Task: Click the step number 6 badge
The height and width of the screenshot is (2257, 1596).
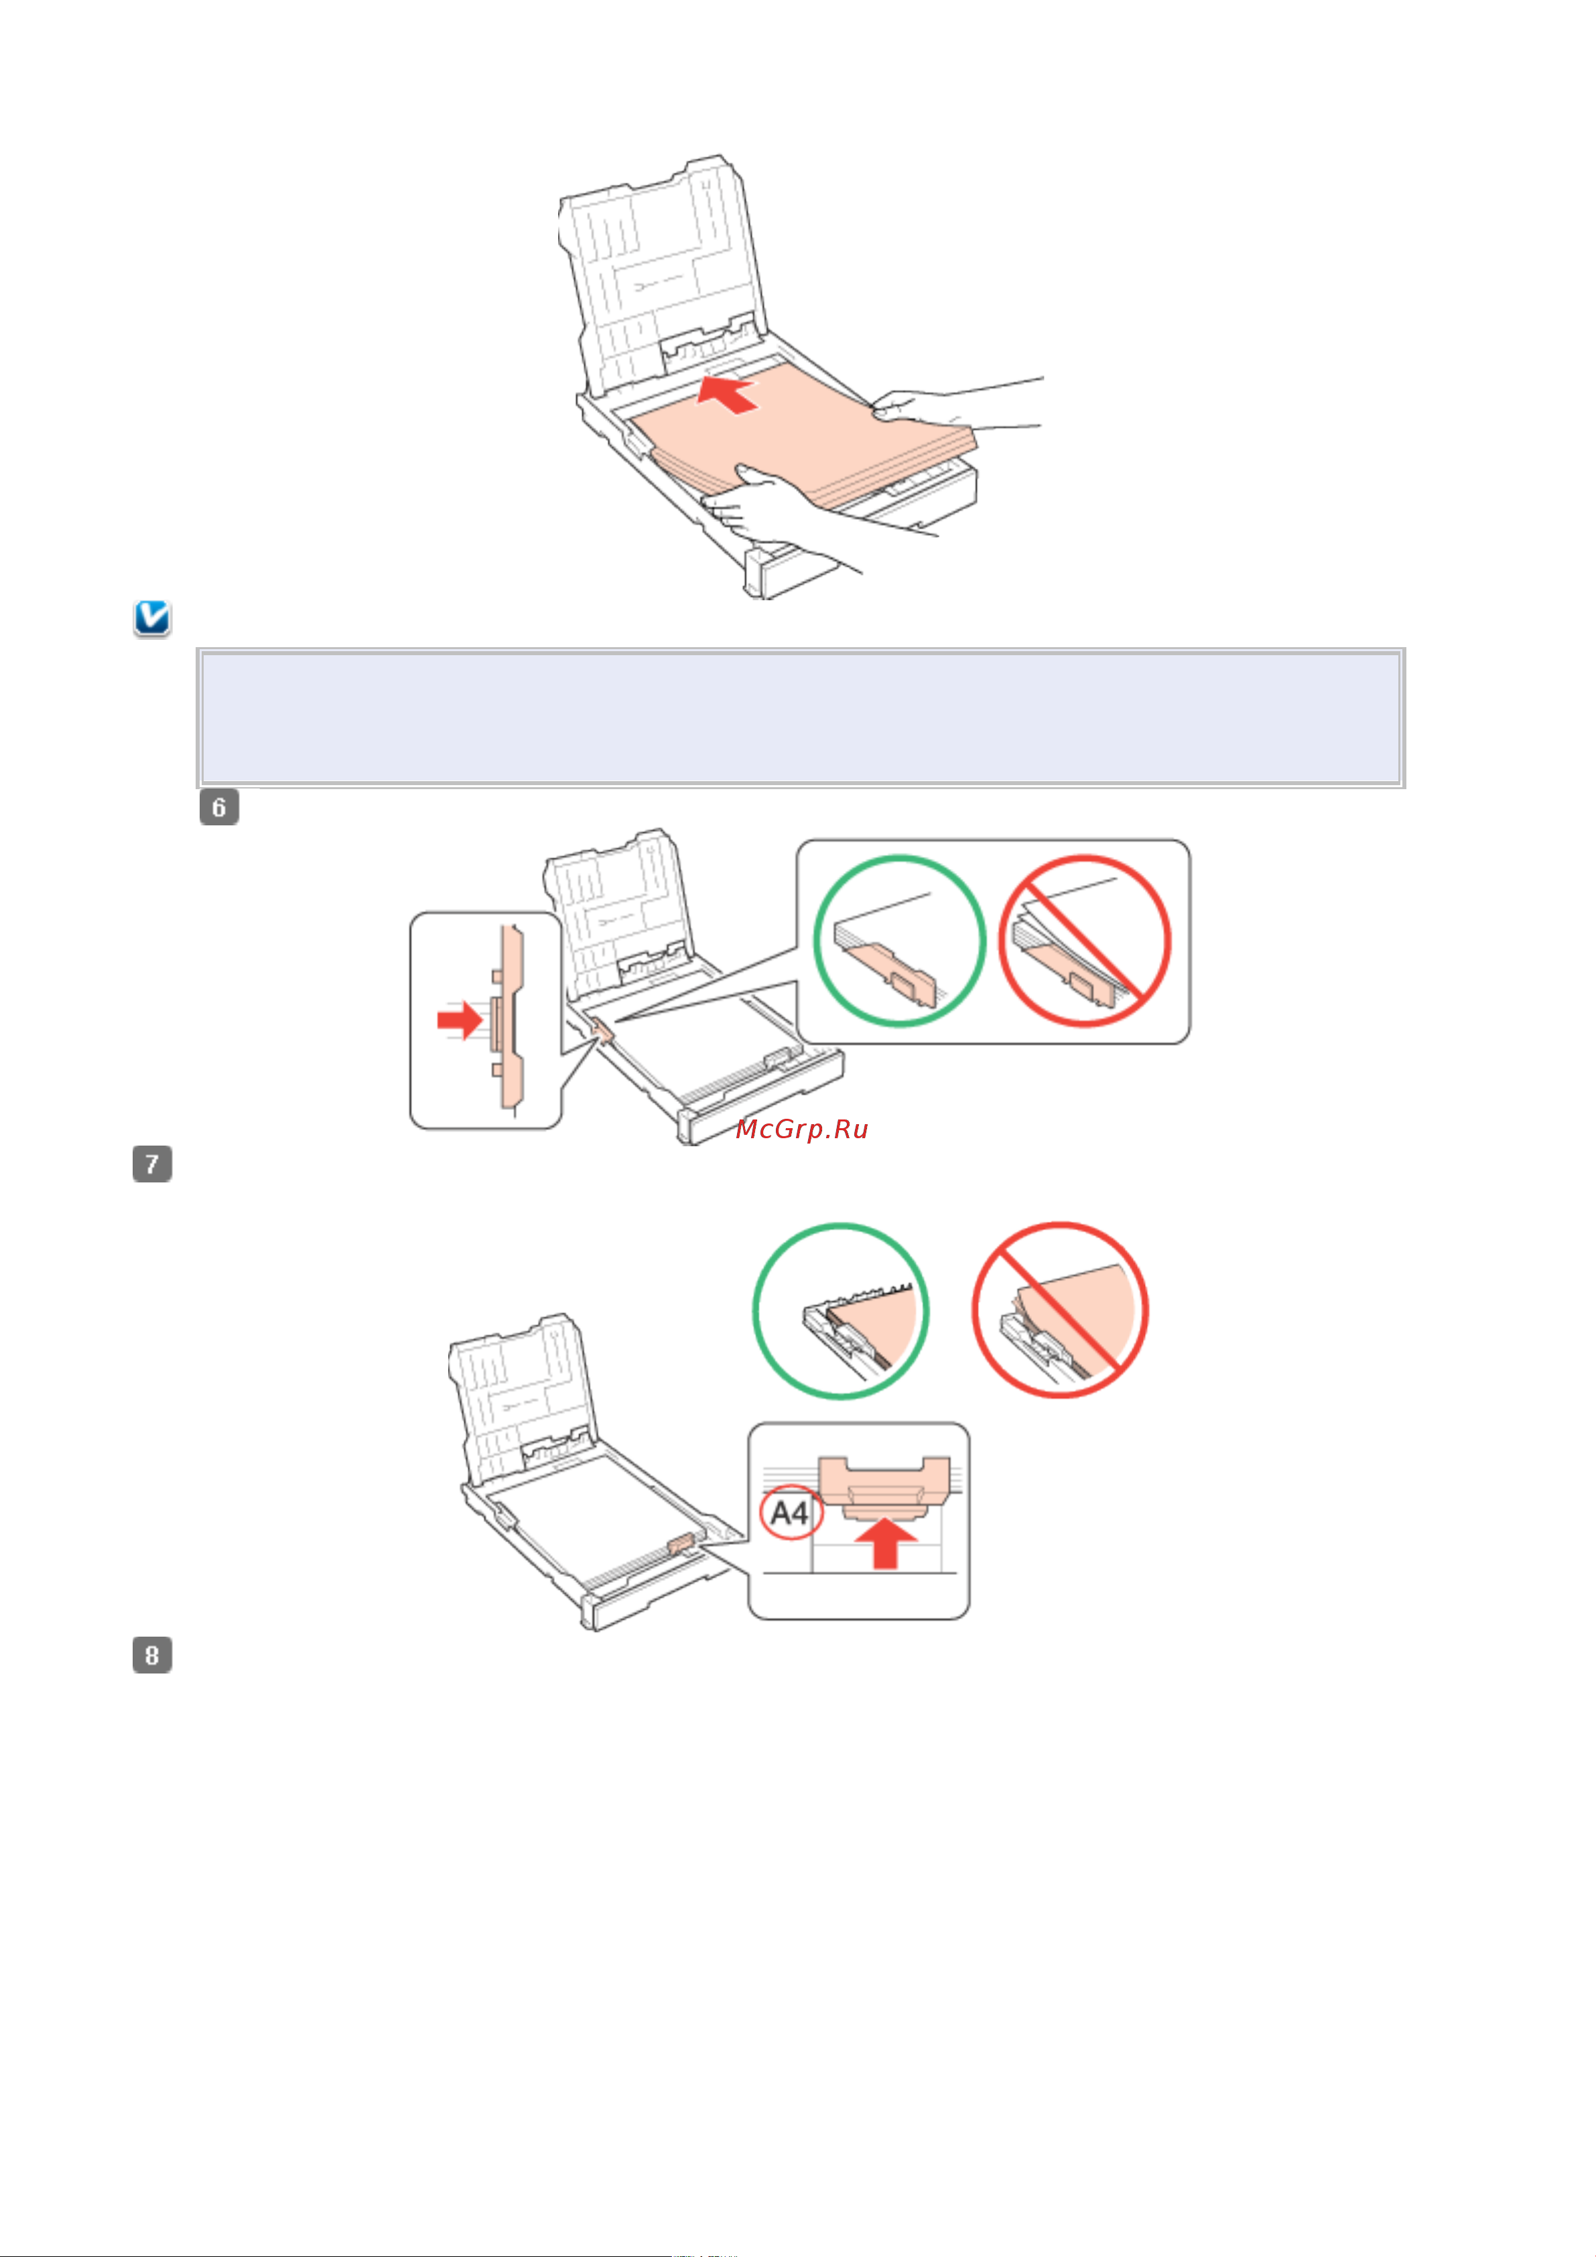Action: pos(218,807)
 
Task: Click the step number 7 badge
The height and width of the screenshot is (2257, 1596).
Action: pos(152,1164)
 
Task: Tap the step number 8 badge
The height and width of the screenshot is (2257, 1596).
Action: pos(152,1655)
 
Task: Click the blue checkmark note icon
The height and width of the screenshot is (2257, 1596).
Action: pos(152,618)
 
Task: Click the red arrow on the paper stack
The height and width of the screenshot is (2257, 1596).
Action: pos(728,393)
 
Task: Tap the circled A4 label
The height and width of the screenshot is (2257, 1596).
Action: pos(790,1513)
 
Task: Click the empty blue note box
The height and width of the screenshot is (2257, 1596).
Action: pos(801,717)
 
